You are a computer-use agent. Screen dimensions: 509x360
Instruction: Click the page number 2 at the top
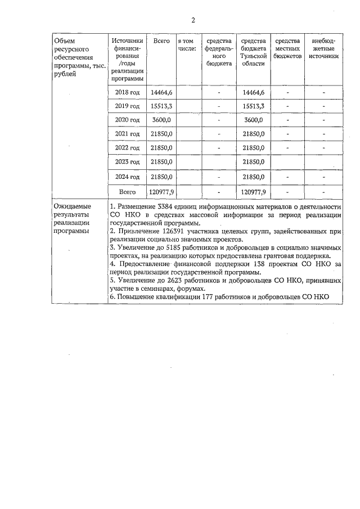(x=193, y=21)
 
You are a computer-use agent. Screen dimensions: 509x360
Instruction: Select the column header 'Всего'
(x=161, y=42)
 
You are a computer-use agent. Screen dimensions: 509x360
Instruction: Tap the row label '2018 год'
(x=127, y=92)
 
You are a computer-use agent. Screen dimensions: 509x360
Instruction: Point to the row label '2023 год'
(x=127, y=162)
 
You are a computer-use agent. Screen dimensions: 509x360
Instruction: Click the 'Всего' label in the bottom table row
(x=128, y=192)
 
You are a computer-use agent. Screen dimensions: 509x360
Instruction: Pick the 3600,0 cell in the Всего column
(x=161, y=120)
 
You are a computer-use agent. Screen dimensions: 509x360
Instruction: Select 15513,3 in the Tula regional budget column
(x=253, y=106)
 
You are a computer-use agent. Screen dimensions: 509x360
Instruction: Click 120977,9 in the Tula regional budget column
(x=253, y=192)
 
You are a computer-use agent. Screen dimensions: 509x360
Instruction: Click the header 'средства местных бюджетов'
(x=287, y=49)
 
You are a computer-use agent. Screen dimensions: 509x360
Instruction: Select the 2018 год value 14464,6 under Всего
(x=161, y=92)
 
